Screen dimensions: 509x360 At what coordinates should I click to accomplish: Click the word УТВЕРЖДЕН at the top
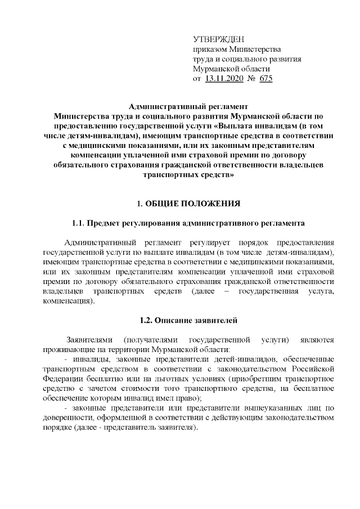click(219, 39)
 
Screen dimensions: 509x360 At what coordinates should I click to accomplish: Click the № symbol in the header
click(251, 79)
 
